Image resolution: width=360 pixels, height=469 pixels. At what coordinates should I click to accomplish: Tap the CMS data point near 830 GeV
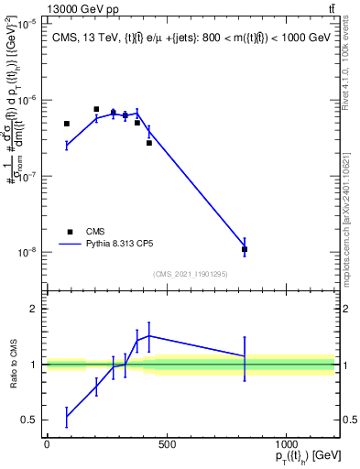click(245, 249)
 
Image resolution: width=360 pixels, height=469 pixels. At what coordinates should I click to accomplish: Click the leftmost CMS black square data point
click(67, 124)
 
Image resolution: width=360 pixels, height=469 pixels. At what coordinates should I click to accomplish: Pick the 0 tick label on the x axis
click(47, 445)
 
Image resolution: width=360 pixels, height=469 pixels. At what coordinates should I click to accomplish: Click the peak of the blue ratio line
click(148, 335)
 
